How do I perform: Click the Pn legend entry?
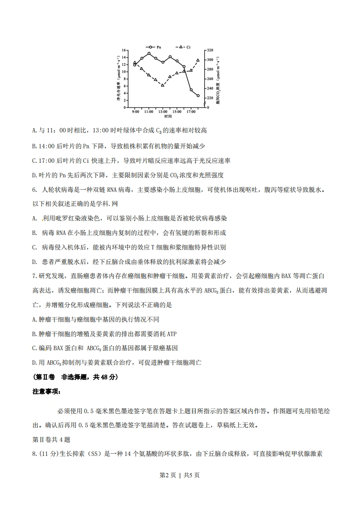point(155,47)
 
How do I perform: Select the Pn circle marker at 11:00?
point(149,54)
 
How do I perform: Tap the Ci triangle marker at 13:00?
point(163,85)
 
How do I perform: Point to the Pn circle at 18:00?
point(198,96)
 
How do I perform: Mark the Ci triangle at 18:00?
point(198,60)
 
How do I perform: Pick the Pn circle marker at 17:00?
point(191,90)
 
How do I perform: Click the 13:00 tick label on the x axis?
point(163,111)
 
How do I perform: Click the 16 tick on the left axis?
point(123,50)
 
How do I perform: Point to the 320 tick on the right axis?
point(210,50)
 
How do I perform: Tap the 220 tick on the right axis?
point(210,98)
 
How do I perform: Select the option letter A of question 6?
point(35,219)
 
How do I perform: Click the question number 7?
point(34,276)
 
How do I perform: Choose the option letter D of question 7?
point(35,362)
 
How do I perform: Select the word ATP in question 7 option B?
point(172,334)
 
